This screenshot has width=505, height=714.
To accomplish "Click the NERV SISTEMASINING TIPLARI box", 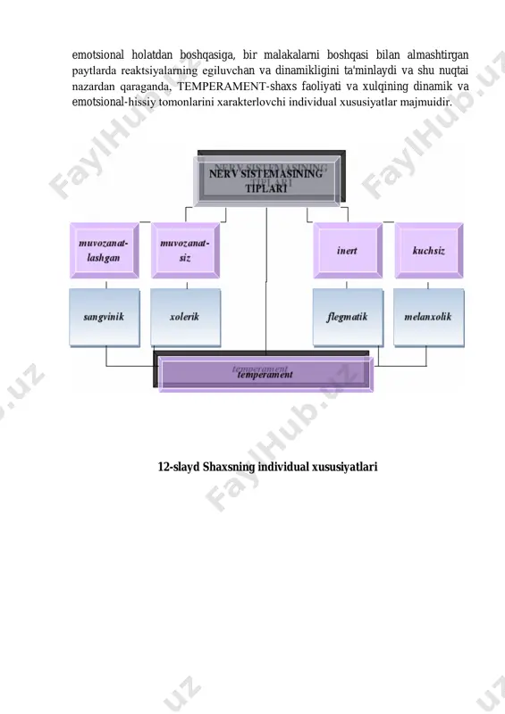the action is [x=267, y=181].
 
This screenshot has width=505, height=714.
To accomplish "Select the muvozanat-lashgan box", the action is [x=104, y=251].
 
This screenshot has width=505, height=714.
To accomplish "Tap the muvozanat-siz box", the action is [x=185, y=251].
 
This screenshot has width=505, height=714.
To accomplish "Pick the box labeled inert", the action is [x=348, y=251].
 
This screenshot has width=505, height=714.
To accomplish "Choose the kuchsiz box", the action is [x=429, y=251].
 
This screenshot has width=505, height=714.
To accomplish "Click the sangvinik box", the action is [x=105, y=318].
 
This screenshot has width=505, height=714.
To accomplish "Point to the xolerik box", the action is [x=186, y=318].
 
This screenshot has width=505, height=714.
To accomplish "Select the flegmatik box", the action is [x=348, y=318].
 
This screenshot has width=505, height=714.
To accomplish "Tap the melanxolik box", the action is [x=429, y=318].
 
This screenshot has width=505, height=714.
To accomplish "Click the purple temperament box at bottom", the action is [x=266, y=374].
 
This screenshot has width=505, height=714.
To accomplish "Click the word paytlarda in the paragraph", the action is [x=94, y=71].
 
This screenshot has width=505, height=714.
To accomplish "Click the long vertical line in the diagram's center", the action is [x=266, y=281].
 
